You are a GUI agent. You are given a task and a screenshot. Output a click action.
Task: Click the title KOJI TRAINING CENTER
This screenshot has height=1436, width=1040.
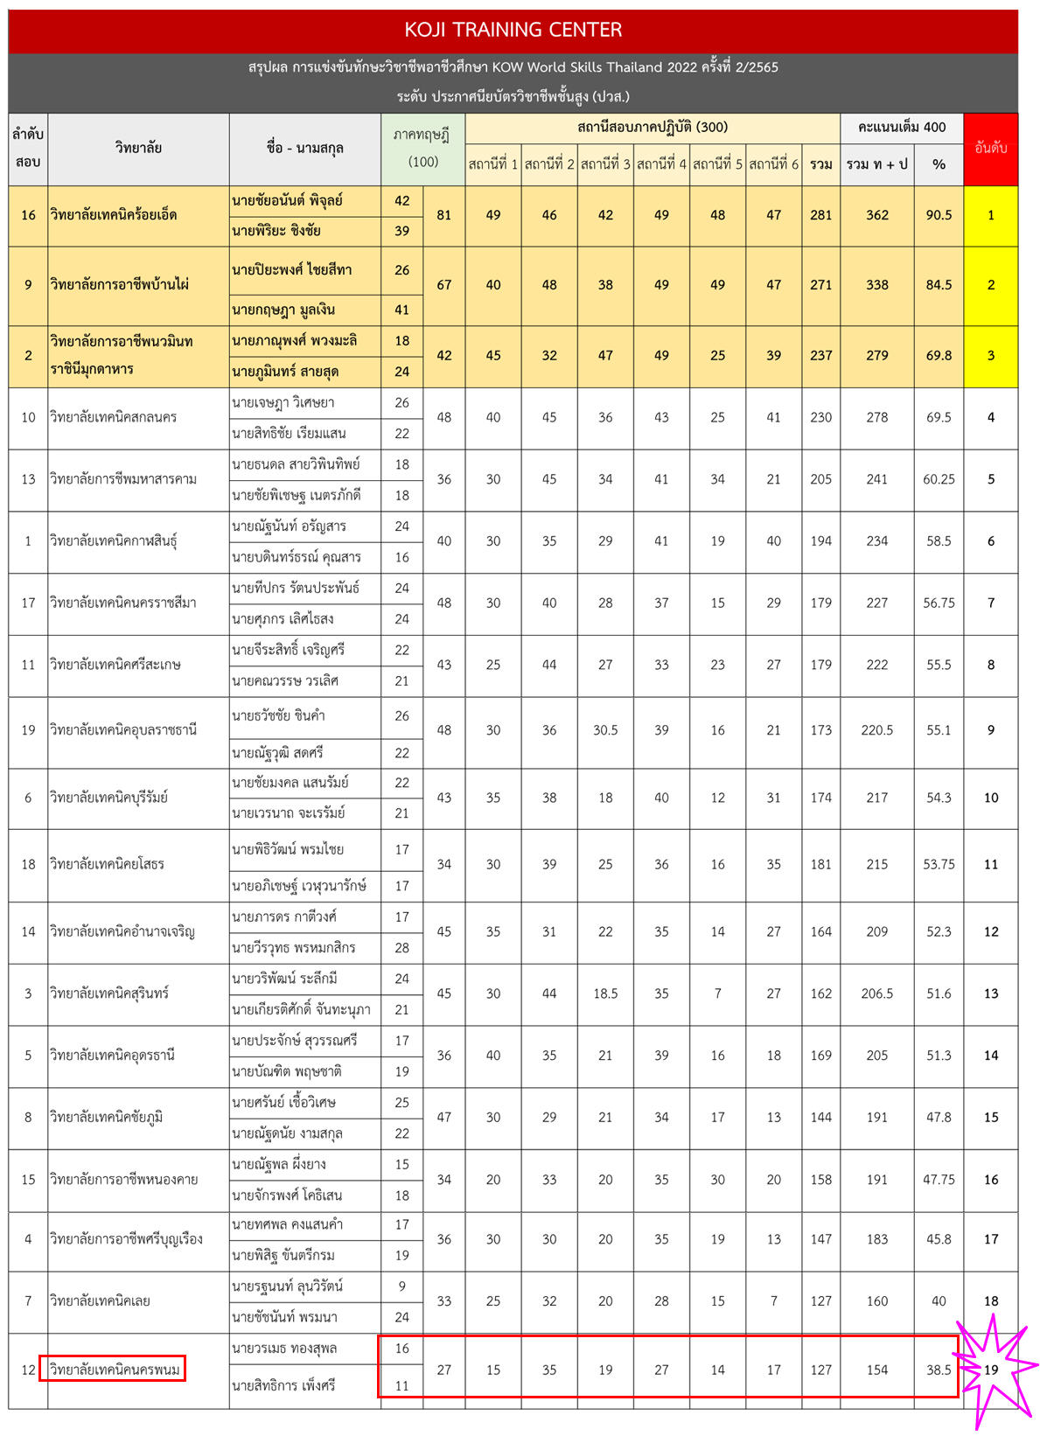pos(513,30)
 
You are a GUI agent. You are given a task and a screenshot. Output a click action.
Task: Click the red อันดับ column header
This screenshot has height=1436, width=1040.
pos(990,149)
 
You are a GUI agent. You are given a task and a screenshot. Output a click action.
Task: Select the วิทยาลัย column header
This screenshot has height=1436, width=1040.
pos(138,149)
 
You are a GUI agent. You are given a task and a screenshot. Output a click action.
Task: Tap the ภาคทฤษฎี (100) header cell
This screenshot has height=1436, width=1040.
pos(422,149)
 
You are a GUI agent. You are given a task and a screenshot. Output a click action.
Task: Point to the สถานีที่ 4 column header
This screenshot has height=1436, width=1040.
pos(661,164)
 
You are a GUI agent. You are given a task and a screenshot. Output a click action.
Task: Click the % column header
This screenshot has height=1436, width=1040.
pos(939,164)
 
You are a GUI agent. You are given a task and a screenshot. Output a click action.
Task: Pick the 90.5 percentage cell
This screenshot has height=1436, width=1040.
pos(939,215)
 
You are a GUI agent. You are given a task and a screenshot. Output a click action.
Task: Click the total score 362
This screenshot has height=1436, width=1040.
pos(876,215)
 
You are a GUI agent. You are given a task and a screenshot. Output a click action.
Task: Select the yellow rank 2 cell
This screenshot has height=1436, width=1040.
pos(990,285)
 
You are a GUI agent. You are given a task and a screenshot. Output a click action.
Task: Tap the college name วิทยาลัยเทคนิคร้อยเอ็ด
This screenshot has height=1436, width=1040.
pos(114,215)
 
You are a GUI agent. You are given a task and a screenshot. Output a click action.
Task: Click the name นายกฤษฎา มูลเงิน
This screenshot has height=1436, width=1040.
pos(283,310)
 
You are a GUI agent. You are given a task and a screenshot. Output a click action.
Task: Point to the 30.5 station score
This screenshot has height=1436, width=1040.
pos(605,730)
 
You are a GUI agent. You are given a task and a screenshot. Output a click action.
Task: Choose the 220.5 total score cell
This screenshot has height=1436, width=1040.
pos(876,730)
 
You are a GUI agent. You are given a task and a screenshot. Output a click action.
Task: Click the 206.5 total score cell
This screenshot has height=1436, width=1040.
pos(876,993)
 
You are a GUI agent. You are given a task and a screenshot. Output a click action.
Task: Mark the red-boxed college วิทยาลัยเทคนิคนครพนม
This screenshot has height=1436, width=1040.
pos(115,1370)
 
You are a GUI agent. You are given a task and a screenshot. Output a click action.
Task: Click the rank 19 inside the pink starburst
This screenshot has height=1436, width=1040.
pos(990,1370)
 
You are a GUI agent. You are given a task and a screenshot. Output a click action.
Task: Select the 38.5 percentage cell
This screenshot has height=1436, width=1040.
pos(939,1370)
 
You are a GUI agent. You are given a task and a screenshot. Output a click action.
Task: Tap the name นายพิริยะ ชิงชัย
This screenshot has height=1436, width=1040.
pos(276,231)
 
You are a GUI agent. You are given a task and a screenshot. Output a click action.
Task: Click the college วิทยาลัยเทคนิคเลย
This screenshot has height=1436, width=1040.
pos(100,1301)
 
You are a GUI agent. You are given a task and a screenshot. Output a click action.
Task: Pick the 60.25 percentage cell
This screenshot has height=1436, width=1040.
pos(939,479)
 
